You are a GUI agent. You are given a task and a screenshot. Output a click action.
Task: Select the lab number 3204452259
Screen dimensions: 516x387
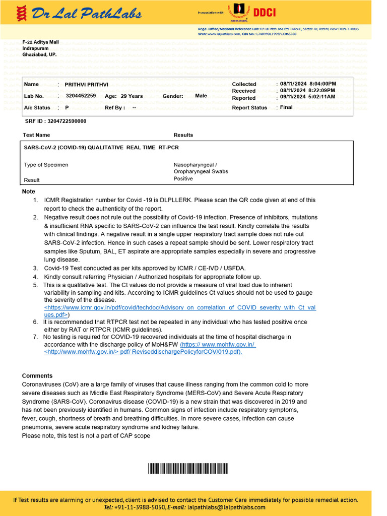click(81, 96)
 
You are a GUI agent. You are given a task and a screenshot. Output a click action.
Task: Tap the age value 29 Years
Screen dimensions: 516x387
click(132, 96)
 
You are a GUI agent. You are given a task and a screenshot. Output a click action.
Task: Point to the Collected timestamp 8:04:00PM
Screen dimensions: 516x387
click(322, 84)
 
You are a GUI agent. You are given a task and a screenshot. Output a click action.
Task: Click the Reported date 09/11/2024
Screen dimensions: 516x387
click(292, 97)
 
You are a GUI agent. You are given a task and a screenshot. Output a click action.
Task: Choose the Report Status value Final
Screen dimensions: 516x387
click(286, 107)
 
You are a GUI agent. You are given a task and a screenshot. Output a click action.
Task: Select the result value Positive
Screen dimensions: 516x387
click(183, 179)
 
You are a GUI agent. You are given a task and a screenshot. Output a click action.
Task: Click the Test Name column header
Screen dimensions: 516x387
click(36, 135)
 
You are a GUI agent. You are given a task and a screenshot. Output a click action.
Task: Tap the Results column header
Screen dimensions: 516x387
click(183, 135)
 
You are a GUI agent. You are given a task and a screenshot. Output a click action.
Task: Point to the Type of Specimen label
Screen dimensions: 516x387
click(46, 165)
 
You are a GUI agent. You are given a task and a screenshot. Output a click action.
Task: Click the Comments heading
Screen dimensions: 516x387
click(37, 376)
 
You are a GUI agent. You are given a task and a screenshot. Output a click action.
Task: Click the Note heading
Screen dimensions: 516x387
click(29, 191)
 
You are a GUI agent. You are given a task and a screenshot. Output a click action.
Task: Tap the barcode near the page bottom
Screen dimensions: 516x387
click(188, 469)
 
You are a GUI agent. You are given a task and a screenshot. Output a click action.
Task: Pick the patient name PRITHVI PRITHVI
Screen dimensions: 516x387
click(87, 84)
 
